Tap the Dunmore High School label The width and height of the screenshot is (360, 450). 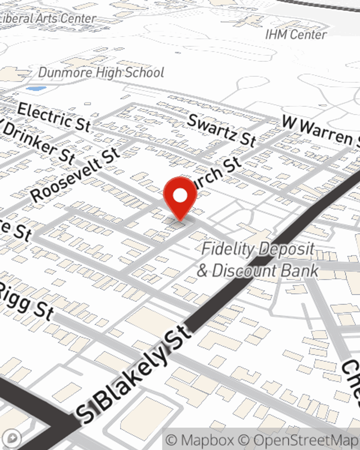pos(101,73)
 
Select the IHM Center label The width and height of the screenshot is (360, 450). pos(296,35)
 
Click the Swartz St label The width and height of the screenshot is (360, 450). pos(222,130)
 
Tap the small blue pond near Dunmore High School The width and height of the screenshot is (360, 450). pos(36,88)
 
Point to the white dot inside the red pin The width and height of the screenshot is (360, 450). pos(180,195)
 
